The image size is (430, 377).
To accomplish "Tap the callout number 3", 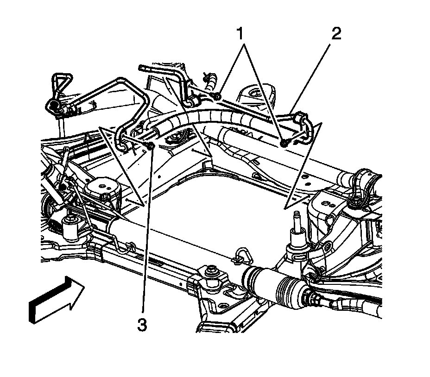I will pos(142,325).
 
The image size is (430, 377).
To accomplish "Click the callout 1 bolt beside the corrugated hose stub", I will pos(218,96).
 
